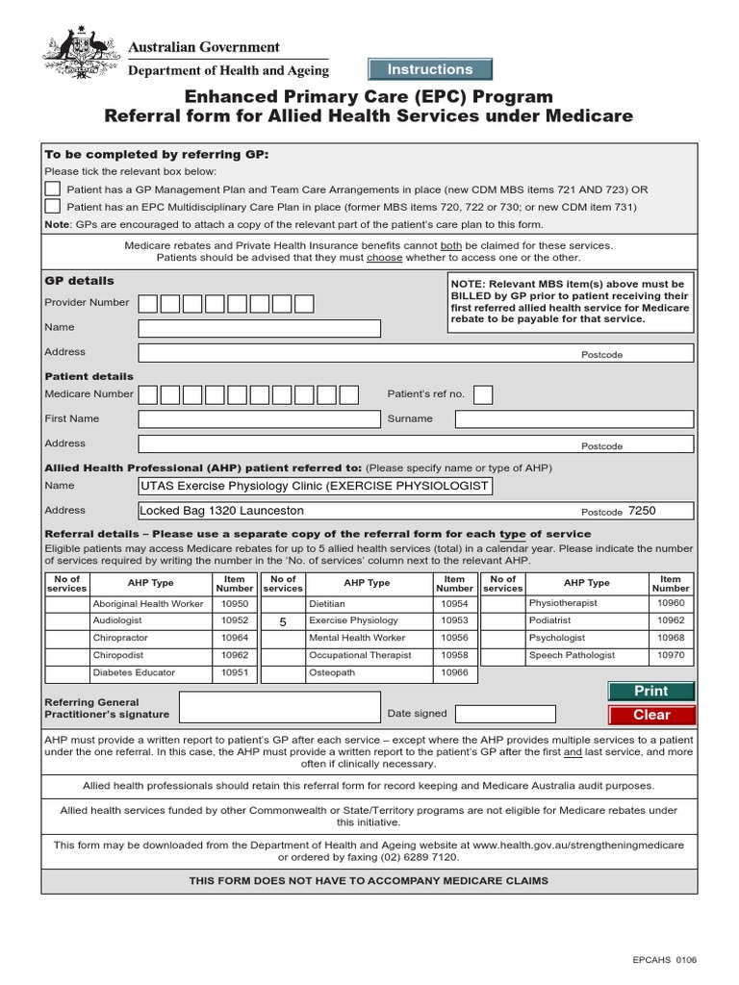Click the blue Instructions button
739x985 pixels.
click(x=430, y=69)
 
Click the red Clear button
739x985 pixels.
click(x=651, y=715)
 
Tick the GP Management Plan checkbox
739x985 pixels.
click(x=53, y=189)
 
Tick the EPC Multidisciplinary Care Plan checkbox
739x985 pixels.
click(x=53, y=206)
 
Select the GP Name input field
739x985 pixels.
click(x=259, y=328)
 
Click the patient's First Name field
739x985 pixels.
click(x=259, y=419)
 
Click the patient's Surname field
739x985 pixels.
click(x=573, y=419)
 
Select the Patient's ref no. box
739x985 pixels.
click(x=483, y=394)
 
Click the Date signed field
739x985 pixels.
click(x=505, y=714)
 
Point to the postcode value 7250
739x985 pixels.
click(x=642, y=511)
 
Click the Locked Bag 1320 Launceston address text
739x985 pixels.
click(x=221, y=511)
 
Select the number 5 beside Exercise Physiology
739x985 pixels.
click(x=283, y=622)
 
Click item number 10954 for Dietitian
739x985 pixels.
click(x=454, y=603)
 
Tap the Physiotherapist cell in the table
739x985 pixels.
click(x=563, y=603)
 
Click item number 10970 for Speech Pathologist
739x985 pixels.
click(x=671, y=655)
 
